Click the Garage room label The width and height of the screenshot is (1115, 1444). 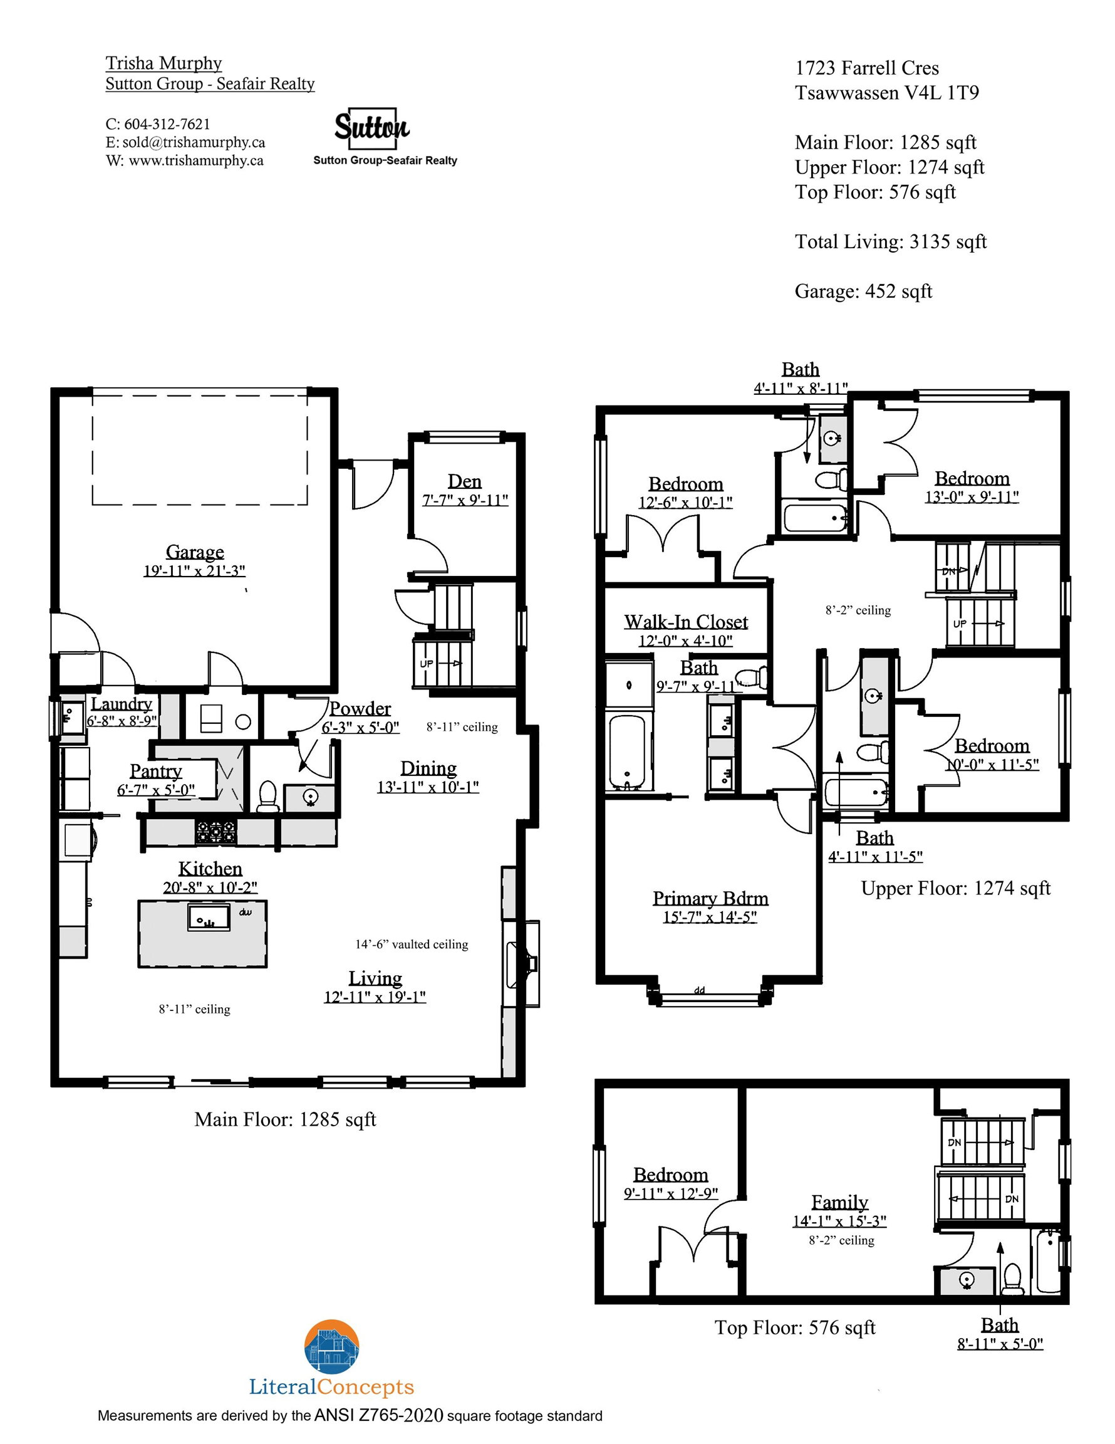coord(194,552)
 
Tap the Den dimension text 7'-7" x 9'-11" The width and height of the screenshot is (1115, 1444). coord(465,500)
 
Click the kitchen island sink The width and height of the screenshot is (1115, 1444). coord(209,917)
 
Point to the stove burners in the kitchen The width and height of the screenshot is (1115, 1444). coord(216,831)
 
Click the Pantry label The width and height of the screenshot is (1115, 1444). coord(155,771)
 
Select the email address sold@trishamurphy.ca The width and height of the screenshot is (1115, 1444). coord(194,142)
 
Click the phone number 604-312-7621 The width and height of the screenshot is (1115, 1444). coord(167,123)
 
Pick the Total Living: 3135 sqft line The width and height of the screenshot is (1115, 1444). coord(890,242)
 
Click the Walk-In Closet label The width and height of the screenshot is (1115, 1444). coord(685,622)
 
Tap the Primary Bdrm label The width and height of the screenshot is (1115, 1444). coord(710,898)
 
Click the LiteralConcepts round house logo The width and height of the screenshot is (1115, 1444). coord(332,1347)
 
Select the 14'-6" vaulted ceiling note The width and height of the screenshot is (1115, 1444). coord(412,944)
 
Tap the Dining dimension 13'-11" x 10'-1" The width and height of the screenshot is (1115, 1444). coord(428,787)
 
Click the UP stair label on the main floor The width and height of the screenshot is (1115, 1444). coord(427,663)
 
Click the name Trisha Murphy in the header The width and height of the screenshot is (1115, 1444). coord(163,63)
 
